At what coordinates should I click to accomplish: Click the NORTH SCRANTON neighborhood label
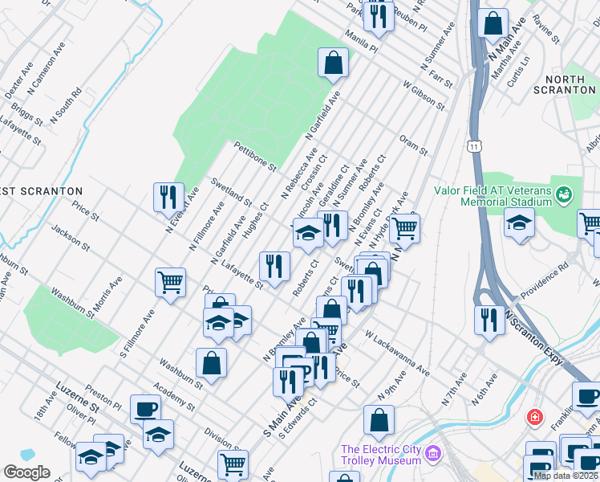(570, 84)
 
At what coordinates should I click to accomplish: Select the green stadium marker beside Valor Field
(565, 194)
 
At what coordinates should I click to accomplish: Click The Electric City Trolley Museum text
(381, 455)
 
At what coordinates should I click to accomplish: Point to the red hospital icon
(534, 419)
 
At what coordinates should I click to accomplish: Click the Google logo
(26, 472)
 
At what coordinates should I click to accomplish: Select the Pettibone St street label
(255, 157)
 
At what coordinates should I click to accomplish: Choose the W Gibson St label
(424, 94)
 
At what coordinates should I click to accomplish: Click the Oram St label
(413, 145)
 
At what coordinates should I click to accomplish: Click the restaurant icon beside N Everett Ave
(168, 197)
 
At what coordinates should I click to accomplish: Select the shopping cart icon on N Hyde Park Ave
(405, 228)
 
